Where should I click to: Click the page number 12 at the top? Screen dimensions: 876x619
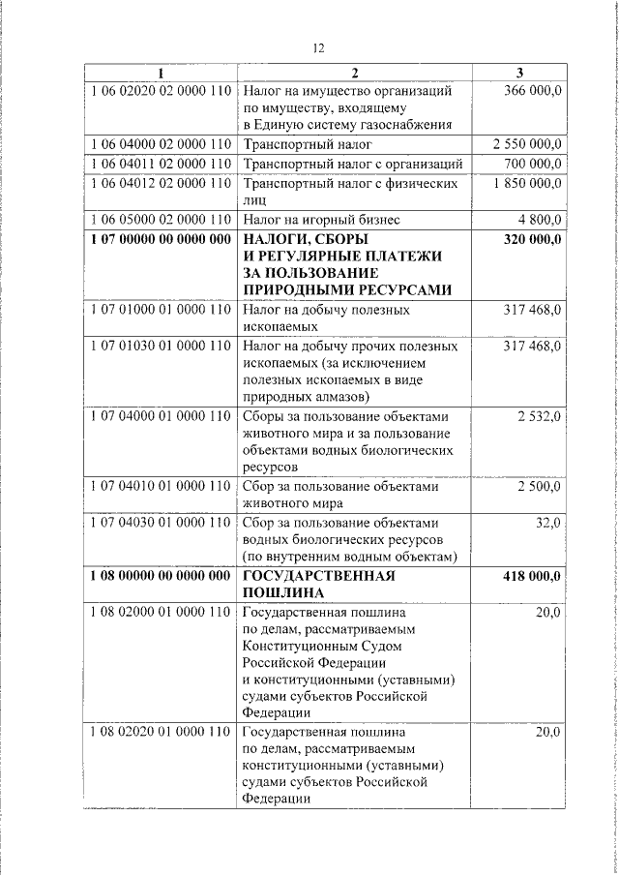pyautogui.click(x=318, y=48)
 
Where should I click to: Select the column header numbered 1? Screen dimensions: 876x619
pyautogui.click(x=161, y=73)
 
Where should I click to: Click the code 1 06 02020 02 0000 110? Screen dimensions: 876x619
pyautogui.click(x=161, y=90)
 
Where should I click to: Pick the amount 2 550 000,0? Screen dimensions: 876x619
pyautogui.click(x=526, y=144)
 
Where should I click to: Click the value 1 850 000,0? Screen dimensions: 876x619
pyautogui.click(x=526, y=181)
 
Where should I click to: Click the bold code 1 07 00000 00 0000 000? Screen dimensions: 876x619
pyautogui.click(x=161, y=237)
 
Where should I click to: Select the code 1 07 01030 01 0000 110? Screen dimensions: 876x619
pyautogui.click(x=161, y=346)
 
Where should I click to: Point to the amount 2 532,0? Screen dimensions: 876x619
pyautogui.click(x=540, y=416)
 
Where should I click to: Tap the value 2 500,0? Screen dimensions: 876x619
pyautogui.click(x=540, y=486)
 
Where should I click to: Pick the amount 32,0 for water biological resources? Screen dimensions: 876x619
pyautogui.click(x=547, y=522)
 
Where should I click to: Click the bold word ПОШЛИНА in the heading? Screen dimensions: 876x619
pyautogui.click(x=282, y=592)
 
